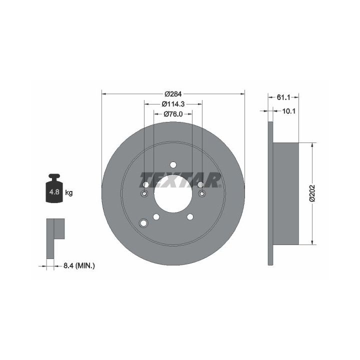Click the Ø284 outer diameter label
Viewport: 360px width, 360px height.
pyautogui.click(x=173, y=94)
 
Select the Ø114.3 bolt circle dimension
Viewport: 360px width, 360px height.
pyautogui.click(x=173, y=104)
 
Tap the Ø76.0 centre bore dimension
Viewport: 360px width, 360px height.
pyautogui.click(x=173, y=114)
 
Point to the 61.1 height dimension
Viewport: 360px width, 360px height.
pyautogui.click(x=283, y=97)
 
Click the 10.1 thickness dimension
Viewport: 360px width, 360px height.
pyautogui.click(x=289, y=111)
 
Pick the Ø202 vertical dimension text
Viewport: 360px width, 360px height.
pyautogui.click(x=312, y=193)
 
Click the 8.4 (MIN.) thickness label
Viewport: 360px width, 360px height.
pyautogui.click(x=79, y=266)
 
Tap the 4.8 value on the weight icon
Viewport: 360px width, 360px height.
pyautogui.click(x=54, y=191)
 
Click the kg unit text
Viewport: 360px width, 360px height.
pyautogui.click(x=69, y=192)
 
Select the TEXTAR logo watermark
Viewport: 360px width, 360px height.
pyautogui.click(x=180, y=180)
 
